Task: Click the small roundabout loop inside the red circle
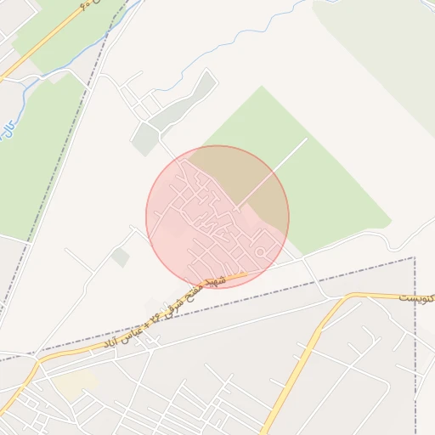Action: click(263, 251)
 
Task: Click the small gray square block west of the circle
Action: click(121, 257)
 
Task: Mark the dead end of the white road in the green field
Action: click(306, 139)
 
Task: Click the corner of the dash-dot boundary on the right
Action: click(415, 257)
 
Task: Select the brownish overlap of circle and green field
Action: click(255, 183)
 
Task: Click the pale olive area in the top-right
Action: click(382, 51)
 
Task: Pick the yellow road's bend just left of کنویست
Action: click(345, 297)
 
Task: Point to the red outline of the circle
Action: click(146, 217)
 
